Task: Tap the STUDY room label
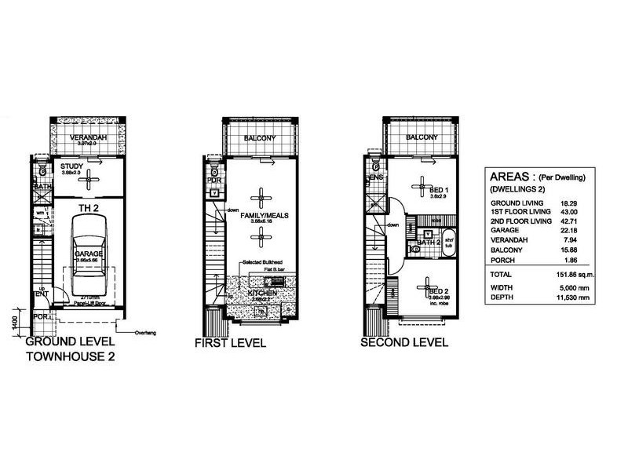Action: pyautogui.click(x=72, y=166)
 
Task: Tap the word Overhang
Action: pyautogui.click(x=146, y=332)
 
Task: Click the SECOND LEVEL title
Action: pyautogui.click(x=403, y=342)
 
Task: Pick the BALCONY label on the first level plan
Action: pyautogui.click(x=258, y=138)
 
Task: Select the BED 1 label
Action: pyautogui.click(x=440, y=190)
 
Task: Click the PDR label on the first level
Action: pyautogui.click(x=212, y=180)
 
